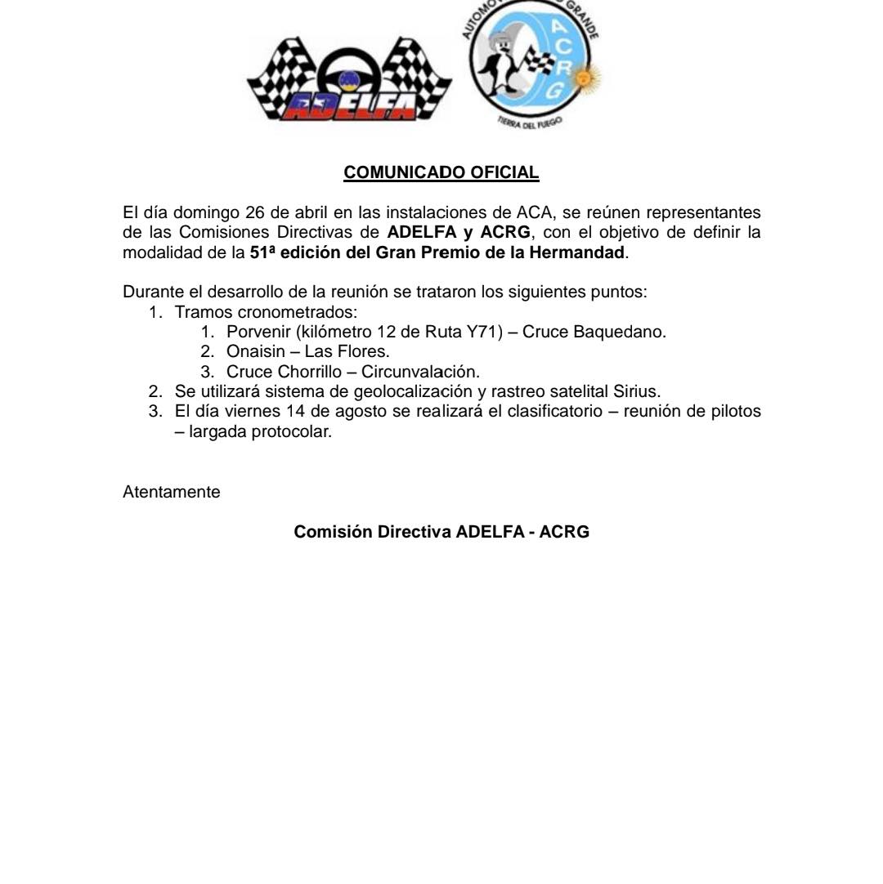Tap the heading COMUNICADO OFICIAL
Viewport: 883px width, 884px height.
pyautogui.click(x=441, y=172)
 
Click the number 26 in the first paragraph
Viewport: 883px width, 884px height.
pyautogui.click(x=256, y=213)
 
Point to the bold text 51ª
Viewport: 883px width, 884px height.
pyautogui.click(x=262, y=252)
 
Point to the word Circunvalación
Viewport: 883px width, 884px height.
pyautogui.click(x=420, y=372)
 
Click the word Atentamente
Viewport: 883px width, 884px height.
pyautogui.click(x=172, y=492)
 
